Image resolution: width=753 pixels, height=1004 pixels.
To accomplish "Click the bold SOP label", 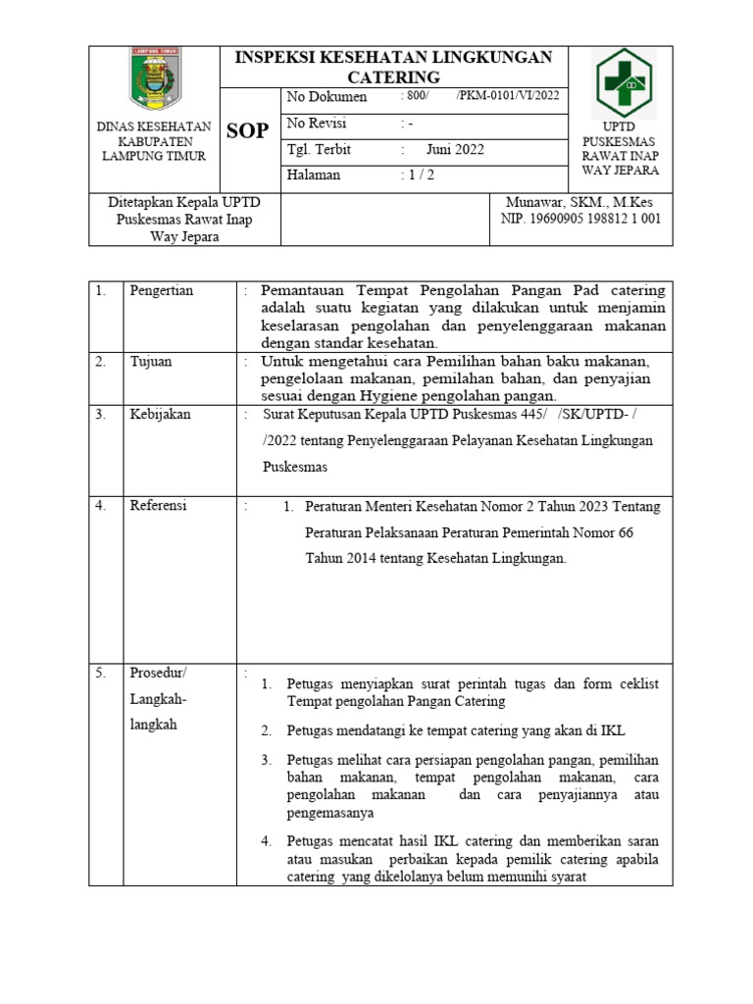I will pos(247,131).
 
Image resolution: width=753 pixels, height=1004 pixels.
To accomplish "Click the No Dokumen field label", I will pos(326,97).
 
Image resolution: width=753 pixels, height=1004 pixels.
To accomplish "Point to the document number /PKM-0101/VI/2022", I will pos(507,96).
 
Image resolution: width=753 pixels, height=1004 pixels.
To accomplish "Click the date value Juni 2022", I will pos(454,150).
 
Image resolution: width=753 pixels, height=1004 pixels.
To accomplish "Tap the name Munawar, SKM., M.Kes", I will pos(580,201).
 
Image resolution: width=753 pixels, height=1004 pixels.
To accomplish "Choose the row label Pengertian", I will pos(162,291).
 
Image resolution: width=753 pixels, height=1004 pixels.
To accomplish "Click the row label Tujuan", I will pos(151,362).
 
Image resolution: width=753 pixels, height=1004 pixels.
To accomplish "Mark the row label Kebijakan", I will pos(160,415).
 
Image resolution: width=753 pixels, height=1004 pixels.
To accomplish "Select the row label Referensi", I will pos(158,506).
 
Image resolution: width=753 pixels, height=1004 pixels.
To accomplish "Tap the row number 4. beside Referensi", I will pos(100,506).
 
